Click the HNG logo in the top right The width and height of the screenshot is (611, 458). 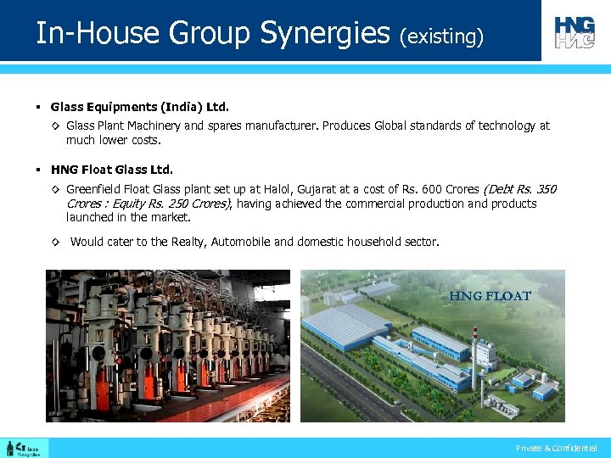pyautogui.click(x=575, y=31)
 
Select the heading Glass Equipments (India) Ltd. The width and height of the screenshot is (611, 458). pyautogui.click(x=139, y=108)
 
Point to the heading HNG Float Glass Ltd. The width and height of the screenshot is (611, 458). pyautogui.click(x=111, y=169)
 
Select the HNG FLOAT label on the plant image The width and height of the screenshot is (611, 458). pyautogui.click(x=490, y=296)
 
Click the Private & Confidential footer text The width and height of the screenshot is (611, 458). pyautogui.click(x=557, y=448)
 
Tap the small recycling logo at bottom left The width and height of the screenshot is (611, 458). pyautogui.click(x=25, y=448)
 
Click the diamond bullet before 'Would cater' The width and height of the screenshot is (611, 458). pyautogui.click(x=54, y=243)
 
